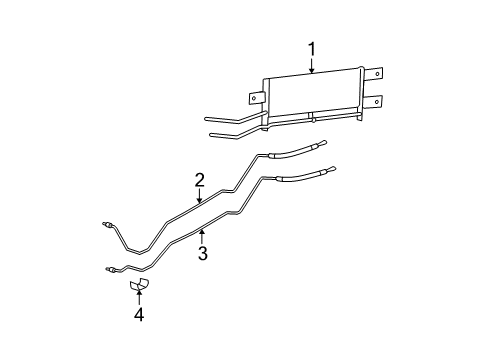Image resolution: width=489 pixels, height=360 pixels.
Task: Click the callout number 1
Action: coord(312,48)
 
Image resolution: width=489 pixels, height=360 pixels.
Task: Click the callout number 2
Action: coord(200,180)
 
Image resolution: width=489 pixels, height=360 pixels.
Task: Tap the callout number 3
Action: coord(202,253)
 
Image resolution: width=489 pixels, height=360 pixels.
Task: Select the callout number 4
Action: coord(139,316)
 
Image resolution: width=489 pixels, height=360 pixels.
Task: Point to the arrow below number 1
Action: coord(312,67)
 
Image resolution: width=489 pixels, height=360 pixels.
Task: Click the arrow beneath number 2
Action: coord(200,198)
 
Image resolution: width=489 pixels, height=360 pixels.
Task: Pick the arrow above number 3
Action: coord(202,236)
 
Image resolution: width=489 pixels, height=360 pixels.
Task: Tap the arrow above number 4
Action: coord(139,299)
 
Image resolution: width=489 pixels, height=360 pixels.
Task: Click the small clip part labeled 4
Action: coord(139,287)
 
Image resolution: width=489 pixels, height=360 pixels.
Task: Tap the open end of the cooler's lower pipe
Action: coord(209,133)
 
